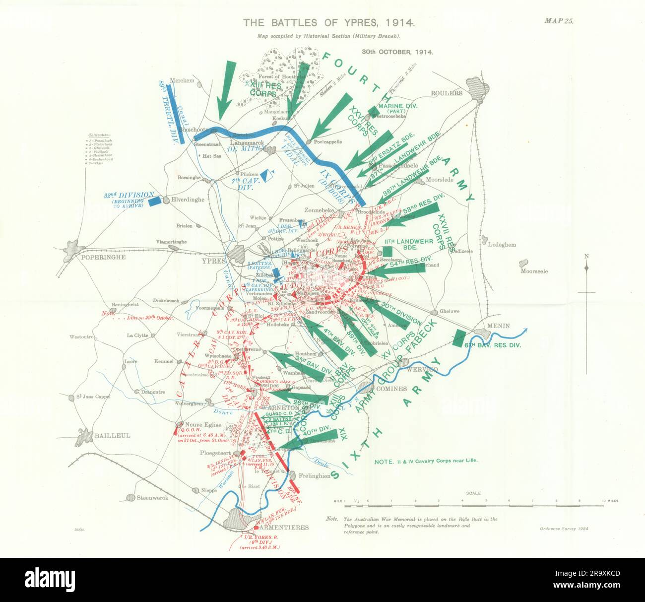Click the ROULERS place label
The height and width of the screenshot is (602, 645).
(x=446, y=93)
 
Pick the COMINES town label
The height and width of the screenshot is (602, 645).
(x=391, y=389)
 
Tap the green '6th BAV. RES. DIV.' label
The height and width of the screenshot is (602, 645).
(x=494, y=345)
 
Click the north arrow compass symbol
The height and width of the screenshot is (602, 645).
(x=586, y=268)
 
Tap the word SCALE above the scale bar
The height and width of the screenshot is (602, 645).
(x=473, y=494)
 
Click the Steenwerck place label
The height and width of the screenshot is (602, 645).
(x=153, y=498)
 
